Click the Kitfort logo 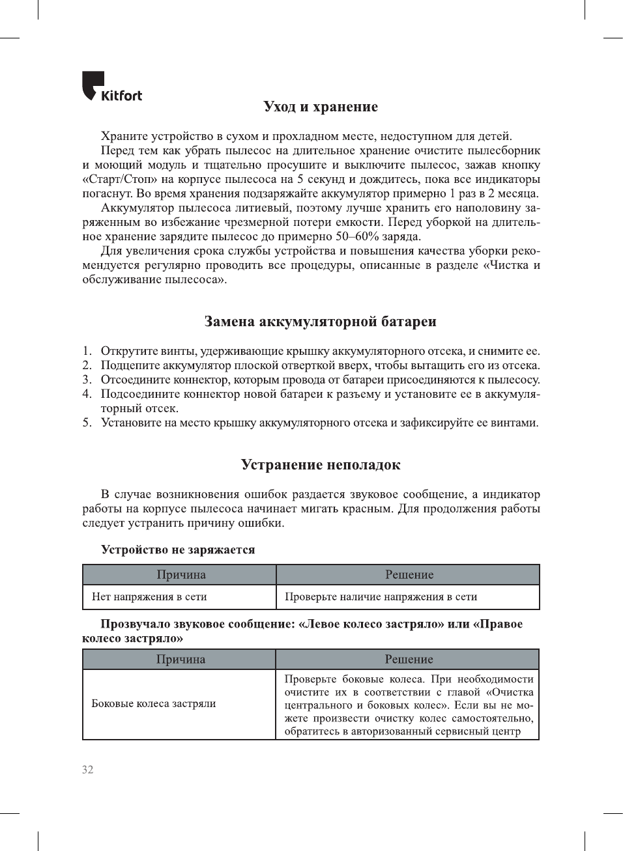point(111,87)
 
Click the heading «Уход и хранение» point(321,107)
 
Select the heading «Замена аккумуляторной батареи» point(320,322)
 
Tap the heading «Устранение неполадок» point(321,465)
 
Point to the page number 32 point(87,770)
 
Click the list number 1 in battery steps point(87,352)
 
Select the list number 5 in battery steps point(87,423)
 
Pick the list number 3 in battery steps point(87,380)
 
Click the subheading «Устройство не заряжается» point(178,550)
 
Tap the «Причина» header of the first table point(181,575)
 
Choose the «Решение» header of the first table point(409,575)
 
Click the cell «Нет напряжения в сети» point(149,597)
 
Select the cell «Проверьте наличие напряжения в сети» point(381,597)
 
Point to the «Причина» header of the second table point(181,660)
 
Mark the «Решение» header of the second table point(409,660)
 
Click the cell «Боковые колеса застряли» point(154,704)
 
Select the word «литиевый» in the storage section point(268,208)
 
